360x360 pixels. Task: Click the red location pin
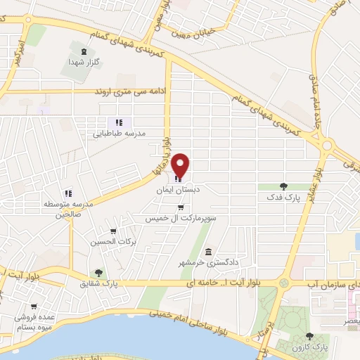click(181, 166)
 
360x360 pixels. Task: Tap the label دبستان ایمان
click(179, 190)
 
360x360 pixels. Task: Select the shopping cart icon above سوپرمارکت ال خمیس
click(181, 207)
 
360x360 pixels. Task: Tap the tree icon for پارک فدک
click(283, 186)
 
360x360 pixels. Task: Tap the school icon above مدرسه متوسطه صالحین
click(68, 193)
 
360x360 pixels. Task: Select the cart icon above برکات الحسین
click(113, 231)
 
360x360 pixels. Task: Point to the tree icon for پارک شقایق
click(98, 273)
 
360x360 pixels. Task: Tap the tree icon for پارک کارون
click(311, 337)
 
